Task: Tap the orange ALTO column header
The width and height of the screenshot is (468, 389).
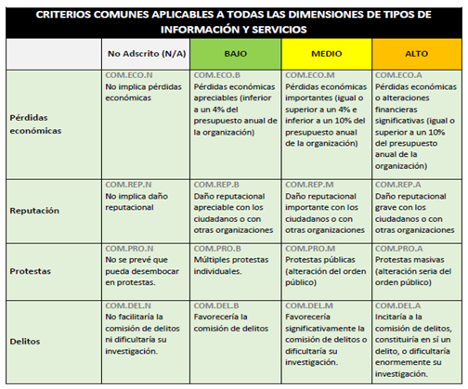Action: (415, 54)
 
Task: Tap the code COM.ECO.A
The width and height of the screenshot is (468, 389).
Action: (399, 75)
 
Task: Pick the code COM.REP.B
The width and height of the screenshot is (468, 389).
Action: (219, 185)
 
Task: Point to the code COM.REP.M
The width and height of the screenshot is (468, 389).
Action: (310, 185)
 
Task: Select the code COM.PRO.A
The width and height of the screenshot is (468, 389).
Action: (399, 249)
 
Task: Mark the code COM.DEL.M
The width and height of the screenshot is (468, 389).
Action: (310, 305)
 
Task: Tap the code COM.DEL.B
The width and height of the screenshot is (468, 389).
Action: (219, 305)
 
